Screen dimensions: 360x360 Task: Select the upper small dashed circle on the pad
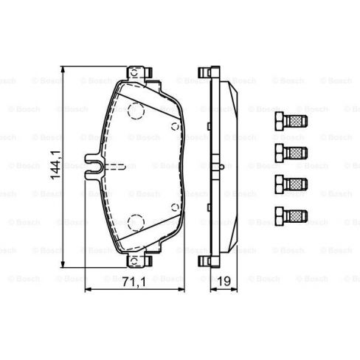[174, 126]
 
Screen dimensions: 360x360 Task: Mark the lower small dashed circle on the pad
[174, 209]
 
